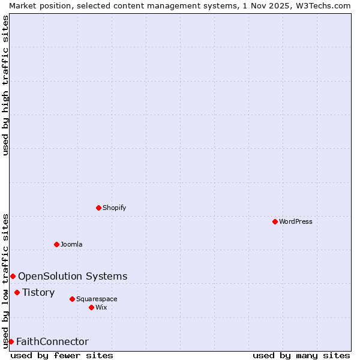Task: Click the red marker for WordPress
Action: [275, 221]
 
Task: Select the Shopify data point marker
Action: [98, 208]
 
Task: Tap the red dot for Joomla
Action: [56, 244]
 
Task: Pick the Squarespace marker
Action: [72, 299]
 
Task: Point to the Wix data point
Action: [91, 307]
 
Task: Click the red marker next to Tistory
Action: [17, 292]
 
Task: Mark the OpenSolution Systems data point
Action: [13, 276]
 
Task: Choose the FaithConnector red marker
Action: [11, 341]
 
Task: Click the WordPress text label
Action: [296, 221]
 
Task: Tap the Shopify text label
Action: [114, 208]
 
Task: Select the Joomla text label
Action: [71, 244]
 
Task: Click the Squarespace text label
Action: [97, 299]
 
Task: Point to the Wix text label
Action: [101, 307]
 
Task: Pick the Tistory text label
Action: [38, 292]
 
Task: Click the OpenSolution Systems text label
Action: [73, 276]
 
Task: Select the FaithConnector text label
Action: [52, 341]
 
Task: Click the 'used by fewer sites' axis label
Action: [62, 355]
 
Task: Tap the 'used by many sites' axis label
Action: [301, 355]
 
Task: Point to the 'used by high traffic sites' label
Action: [5, 85]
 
